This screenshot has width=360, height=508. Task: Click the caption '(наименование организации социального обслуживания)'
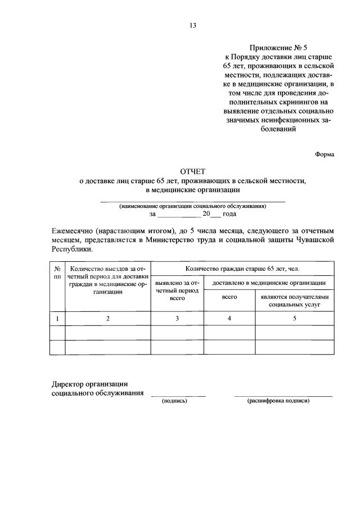pyautogui.click(x=192, y=206)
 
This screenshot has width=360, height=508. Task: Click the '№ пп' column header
pyautogui.click(x=57, y=272)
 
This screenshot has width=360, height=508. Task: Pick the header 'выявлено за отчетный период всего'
pyautogui.click(x=177, y=291)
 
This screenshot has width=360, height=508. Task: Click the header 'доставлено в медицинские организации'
pyautogui.click(x=268, y=282)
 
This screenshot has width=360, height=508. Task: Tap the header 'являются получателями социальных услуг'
pyautogui.click(x=294, y=300)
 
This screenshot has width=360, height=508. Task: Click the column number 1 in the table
pyautogui.click(x=57, y=319)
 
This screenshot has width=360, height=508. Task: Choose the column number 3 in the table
pyautogui.click(x=177, y=319)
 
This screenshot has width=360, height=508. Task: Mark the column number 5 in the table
pyautogui.click(x=294, y=319)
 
